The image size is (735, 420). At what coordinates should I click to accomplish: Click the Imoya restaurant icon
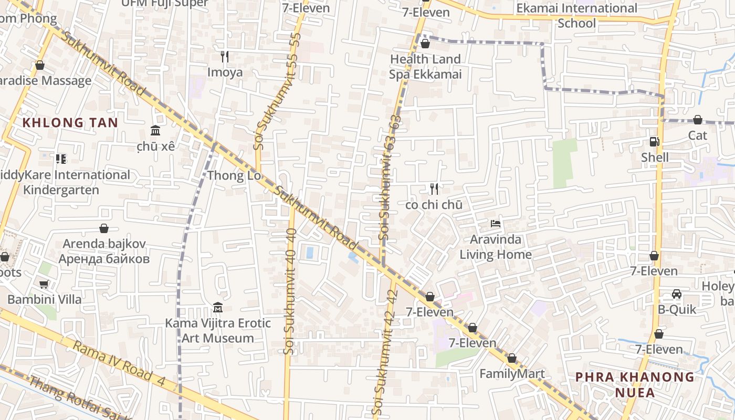(x=225, y=56)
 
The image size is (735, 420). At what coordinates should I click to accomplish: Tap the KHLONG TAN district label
(x=70, y=123)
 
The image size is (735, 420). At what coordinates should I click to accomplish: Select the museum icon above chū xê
(x=155, y=130)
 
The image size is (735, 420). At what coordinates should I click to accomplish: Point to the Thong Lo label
(x=234, y=175)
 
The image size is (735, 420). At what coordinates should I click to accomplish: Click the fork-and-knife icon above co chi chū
(x=434, y=188)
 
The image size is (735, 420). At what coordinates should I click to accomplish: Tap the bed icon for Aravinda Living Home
(x=495, y=224)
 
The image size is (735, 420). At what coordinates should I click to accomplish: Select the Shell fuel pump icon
(x=654, y=141)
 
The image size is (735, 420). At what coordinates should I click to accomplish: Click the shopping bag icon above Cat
(x=698, y=120)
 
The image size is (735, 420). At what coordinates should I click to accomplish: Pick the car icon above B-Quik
(x=677, y=294)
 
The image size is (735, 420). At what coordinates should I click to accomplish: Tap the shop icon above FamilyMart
(x=512, y=358)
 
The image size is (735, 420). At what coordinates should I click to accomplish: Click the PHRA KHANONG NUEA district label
(x=635, y=384)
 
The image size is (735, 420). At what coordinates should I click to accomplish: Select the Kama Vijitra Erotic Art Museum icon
(x=218, y=307)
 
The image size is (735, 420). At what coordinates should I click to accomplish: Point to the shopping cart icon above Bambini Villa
(x=44, y=284)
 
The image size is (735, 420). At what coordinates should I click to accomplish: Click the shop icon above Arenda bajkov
(x=104, y=228)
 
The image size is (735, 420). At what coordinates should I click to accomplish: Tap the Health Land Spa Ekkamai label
(x=425, y=67)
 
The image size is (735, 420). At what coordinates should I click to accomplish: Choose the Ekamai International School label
(x=576, y=16)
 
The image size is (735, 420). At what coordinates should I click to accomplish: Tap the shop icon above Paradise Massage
(x=40, y=65)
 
